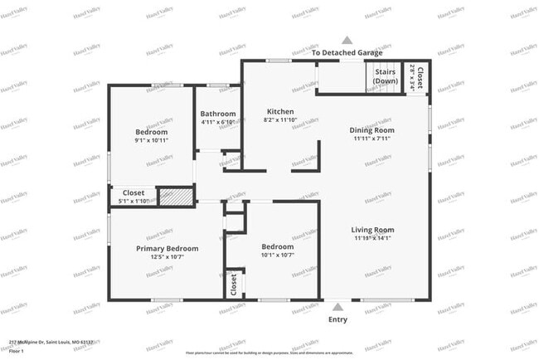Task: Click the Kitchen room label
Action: (x=279, y=112)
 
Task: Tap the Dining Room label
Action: (x=371, y=130)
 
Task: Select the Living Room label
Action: (x=371, y=230)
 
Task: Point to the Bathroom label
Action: (x=218, y=114)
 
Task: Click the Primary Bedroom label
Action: (x=167, y=248)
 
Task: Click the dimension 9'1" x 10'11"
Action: (x=152, y=140)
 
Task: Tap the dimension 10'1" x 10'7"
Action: (x=277, y=255)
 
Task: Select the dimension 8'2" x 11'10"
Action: (x=279, y=121)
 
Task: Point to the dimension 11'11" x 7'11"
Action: (x=371, y=139)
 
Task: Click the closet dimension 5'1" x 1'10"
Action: (x=133, y=201)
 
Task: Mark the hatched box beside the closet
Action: (x=175, y=197)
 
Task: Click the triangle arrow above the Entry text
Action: (x=337, y=307)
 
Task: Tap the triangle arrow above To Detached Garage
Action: (x=347, y=40)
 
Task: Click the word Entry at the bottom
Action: (x=337, y=319)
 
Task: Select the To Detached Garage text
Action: (x=347, y=52)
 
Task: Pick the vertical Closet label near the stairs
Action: (x=420, y=79)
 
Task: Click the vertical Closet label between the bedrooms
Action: (x=234, y=285)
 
